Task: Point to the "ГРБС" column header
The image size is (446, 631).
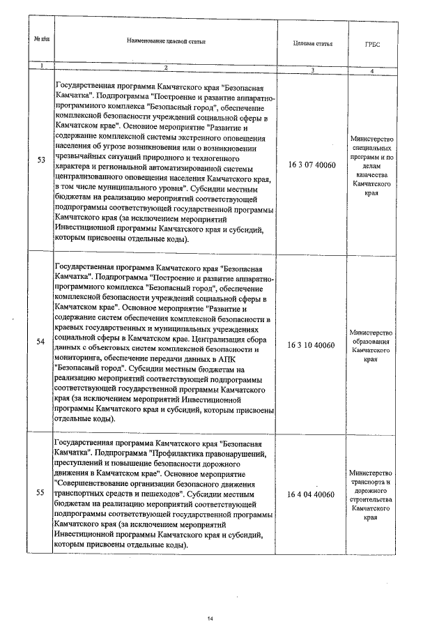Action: tap(372, 44)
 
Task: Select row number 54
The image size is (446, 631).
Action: tap(40, 342)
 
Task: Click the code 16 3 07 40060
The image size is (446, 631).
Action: tap(312, 165)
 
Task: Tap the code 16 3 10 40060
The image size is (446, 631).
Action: tap(312, 345)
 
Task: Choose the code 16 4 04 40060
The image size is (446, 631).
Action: tap(312, 495)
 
